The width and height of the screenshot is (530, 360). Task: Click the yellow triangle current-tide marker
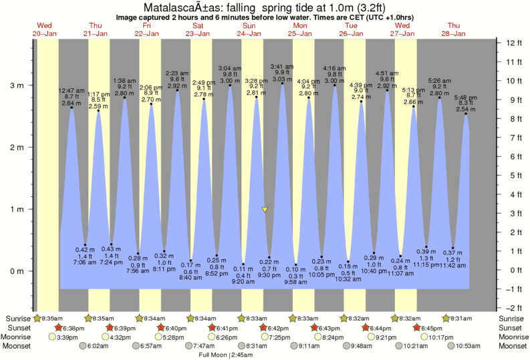(x=265, y=210)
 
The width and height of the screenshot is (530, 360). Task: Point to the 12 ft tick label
(x=513, y=43)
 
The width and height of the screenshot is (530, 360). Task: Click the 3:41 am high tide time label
(x=282, y=66)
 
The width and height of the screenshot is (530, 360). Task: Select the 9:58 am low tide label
(x=296, y=283)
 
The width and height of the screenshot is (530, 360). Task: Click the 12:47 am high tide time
(x=72, y=89)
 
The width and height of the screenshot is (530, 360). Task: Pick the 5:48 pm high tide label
(x=466, y=98)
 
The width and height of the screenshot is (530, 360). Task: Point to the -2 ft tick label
(x=513, y=308)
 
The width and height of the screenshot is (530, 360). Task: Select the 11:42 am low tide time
(x=453, y=266)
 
